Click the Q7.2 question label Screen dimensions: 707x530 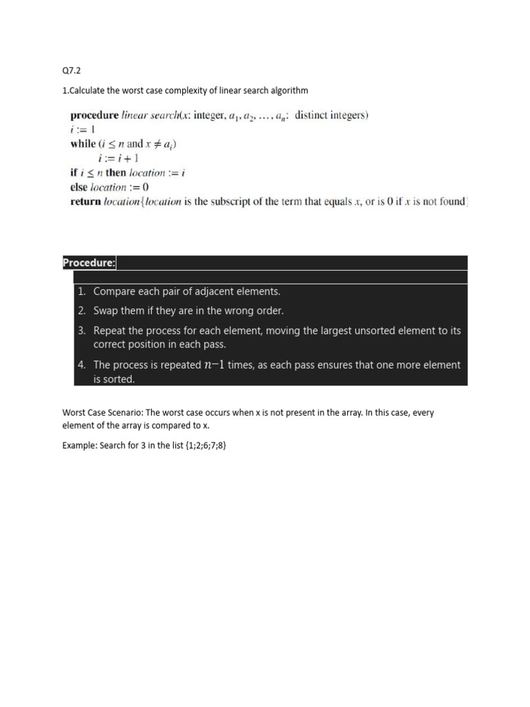click(x=72, y=70)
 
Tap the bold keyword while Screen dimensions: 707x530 click(x=83, y=144)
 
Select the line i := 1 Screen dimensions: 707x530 click(x=82, y=130)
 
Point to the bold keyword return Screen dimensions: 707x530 click(x=86, y=202)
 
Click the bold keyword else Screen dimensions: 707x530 click(x=79, y=187)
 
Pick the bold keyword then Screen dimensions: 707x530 click(x=116, y=173)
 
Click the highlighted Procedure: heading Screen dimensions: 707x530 click(x=90, y=263)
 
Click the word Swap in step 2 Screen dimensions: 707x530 click(x=107, y=311)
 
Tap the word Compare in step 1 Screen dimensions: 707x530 click(x=115, y=292)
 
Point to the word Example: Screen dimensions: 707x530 click(x=79, y=445)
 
